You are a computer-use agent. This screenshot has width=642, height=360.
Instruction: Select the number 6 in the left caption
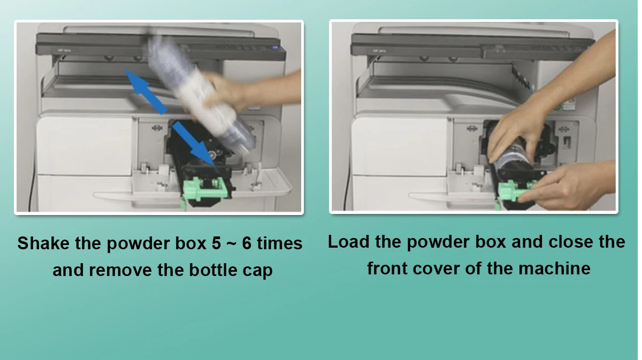click(247, 243)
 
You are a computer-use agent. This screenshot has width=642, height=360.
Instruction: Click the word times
click(280, 243)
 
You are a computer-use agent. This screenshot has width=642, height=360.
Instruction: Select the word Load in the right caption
click(348, 242)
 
